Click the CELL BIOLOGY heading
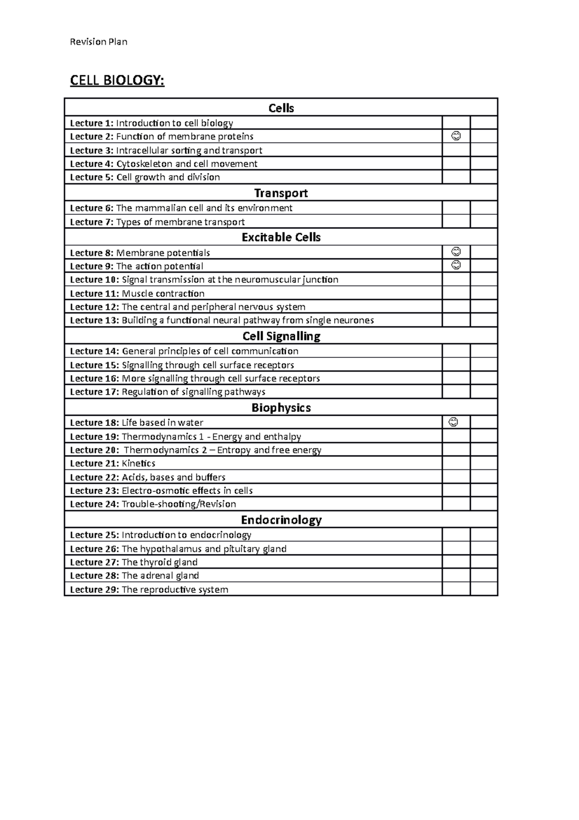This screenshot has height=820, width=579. click(x=117, y=80)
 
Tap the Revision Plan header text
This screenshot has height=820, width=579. click(x=98, y=42)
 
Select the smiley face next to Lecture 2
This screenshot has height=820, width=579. click(x=456, y=136)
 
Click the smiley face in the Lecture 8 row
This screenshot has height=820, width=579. click(x=456, y=252)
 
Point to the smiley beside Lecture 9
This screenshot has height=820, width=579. click(x=456, y=265)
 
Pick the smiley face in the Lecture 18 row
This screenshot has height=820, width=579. click(x=454, y=422)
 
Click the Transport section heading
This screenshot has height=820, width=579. click(x=281, y=193)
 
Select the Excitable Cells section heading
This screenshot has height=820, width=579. click(x=281, y=237)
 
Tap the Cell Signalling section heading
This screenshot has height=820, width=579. click(x=281, y=336)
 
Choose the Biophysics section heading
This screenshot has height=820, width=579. click(x=281, y=408)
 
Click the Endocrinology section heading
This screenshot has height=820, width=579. click(x=281, y=520)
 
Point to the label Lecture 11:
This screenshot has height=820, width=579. click(x=94, y=294)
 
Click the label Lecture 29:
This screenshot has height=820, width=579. click(x=94, y=590)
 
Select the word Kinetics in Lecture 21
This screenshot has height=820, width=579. click(x=138, y=464)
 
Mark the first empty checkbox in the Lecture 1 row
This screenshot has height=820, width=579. click(x=456, y=123)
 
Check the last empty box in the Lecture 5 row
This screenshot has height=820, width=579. click(x=484, y=177)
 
